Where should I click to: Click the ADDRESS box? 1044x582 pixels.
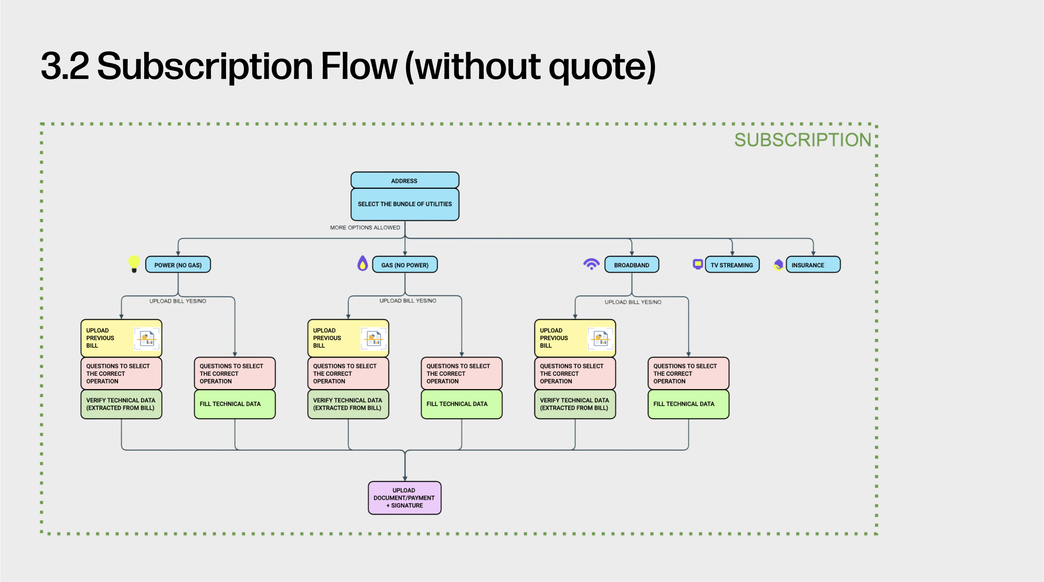405,181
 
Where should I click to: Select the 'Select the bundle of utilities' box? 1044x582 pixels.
405,204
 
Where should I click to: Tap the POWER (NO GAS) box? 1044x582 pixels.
178,265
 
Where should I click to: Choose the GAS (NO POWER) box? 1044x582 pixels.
405,265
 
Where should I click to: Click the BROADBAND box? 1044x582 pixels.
632,265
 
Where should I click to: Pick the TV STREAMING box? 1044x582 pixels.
732,265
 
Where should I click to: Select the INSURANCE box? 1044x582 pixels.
813,265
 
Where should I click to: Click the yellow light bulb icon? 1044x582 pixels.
134,264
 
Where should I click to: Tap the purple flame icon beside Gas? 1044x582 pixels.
363,264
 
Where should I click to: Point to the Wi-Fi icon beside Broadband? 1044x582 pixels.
591,264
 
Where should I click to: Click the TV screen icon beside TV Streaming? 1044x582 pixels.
698,264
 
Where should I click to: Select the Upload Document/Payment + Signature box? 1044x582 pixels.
404,498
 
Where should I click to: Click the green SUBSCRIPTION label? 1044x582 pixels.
802,140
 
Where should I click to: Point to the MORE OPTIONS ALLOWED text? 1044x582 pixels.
365,227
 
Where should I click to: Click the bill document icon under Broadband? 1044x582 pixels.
600,339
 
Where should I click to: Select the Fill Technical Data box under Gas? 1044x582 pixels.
461,404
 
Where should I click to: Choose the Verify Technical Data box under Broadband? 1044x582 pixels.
575,404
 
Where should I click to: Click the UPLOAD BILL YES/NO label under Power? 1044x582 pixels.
178,301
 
